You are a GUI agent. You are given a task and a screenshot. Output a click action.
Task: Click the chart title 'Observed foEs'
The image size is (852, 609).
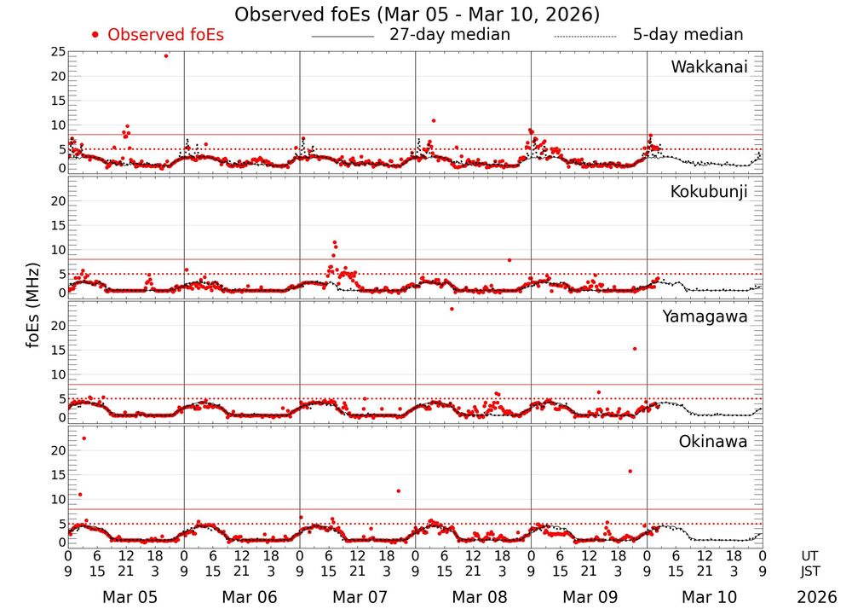417,14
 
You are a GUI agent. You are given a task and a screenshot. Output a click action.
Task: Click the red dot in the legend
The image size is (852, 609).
95,35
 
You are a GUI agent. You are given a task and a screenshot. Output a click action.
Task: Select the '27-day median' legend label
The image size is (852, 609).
450,35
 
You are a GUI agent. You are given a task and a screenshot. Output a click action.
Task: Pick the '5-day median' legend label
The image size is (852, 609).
688,35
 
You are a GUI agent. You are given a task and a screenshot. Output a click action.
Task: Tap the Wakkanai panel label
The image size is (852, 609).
709,67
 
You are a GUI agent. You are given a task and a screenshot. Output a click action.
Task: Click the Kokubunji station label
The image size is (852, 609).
707,192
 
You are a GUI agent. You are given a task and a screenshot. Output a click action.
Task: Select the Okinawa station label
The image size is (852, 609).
713,442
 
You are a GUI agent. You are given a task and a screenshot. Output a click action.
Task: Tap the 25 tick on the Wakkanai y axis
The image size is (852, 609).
58,52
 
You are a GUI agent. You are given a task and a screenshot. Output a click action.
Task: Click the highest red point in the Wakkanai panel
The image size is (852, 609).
166,56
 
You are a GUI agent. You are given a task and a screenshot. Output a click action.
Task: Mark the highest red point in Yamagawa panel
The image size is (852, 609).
452,309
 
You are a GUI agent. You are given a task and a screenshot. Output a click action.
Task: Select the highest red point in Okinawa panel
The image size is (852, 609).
83,438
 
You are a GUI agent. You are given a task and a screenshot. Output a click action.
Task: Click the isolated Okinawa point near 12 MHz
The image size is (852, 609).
398,491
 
